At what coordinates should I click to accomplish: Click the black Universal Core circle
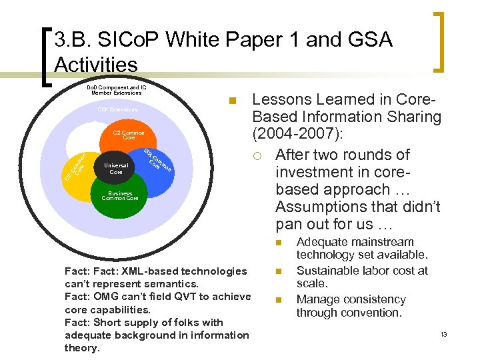[x=115, y=168]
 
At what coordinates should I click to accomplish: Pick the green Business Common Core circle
[x=119, y=197]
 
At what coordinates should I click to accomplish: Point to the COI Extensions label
[x=117, y=109]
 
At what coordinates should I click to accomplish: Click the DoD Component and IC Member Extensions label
[x=116, y=90]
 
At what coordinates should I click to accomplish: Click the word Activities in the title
[x=95, y=65]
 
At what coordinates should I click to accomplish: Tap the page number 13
[x=443, y=334]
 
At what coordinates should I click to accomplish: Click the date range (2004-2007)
[x=297, y=135]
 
